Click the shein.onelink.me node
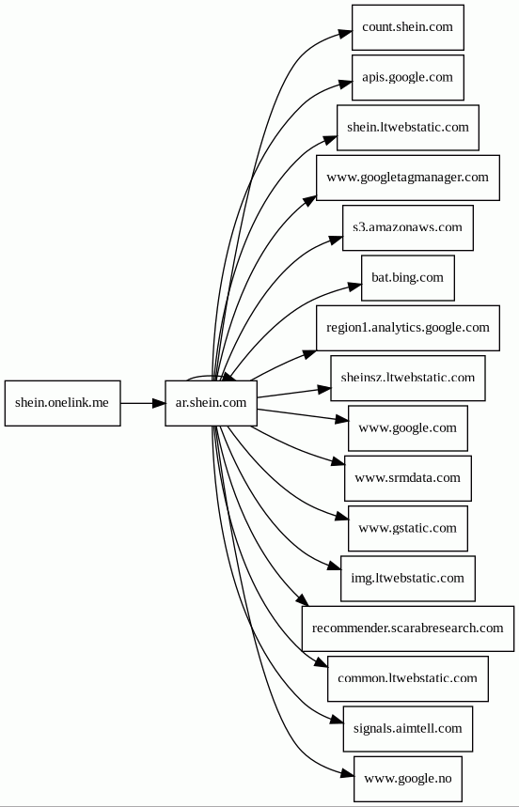point(63,403)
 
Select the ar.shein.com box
point(212,403)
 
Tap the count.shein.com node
point(408,27)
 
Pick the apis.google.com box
point(408,77)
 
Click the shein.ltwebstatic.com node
point(408,128)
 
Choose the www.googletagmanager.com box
point(408,178)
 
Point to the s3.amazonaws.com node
point(408,228)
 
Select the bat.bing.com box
point(408,278)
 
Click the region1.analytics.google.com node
point(408,328)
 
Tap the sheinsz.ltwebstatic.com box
point(408,379)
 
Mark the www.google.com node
point(408,428)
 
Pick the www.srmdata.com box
point(408,478)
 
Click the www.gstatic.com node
point(408,529)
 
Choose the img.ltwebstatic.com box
point(408,579)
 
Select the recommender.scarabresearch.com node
point(408,629)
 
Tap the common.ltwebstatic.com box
point(408,679)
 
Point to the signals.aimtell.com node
point(408,729)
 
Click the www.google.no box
point(408,779)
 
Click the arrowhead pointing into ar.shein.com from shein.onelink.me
point(158,403)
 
